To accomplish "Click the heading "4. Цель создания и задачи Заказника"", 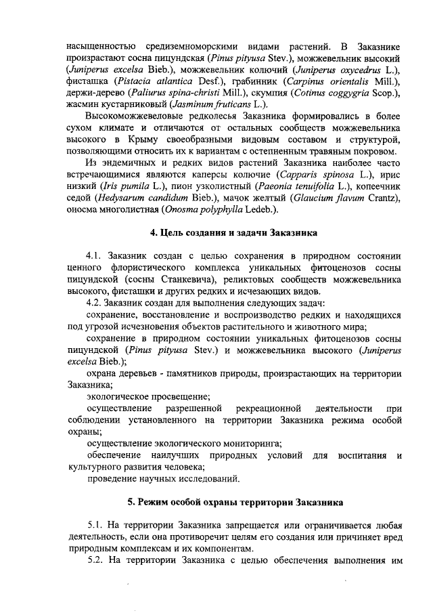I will click(x=233, y=233).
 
